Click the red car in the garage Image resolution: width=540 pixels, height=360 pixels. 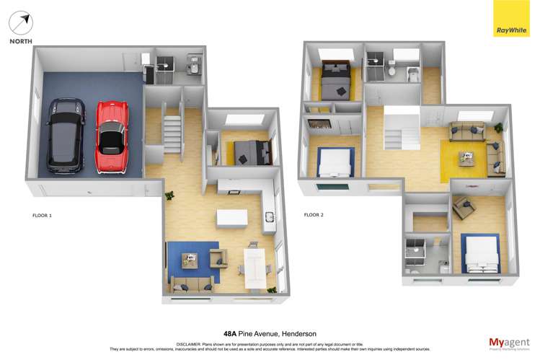111,137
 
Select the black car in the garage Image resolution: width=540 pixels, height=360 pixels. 65,136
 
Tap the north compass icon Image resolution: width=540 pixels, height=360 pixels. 21,24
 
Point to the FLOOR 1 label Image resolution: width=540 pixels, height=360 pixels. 43,215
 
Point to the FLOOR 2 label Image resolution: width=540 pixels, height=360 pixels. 313,215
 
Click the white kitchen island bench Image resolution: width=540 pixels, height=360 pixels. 231,218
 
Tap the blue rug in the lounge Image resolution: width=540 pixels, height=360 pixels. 191,262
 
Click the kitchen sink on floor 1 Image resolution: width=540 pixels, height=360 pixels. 269,216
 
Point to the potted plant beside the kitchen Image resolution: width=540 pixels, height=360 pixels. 170,196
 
